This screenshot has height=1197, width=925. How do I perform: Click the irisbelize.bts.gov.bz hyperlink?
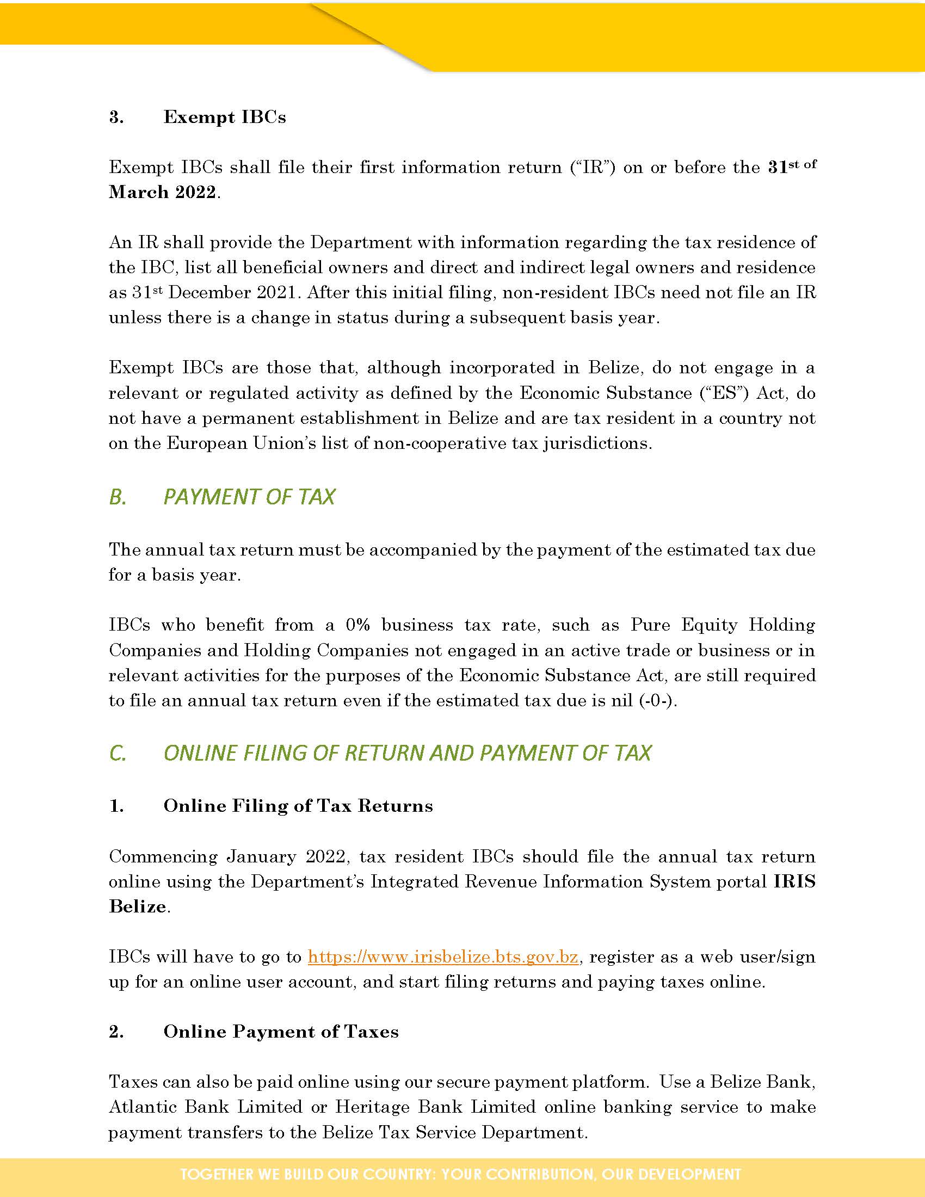[443, 957]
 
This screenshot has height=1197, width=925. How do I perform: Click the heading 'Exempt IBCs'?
[224, 118]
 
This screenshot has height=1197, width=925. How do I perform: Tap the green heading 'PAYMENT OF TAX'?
[249, 497]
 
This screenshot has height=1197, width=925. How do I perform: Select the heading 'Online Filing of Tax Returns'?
[298, 806]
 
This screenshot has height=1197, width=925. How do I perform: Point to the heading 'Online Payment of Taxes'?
[281, 1032]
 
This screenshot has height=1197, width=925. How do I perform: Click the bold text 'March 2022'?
[162, 192]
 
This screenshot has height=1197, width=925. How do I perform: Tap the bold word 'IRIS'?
[794, 881]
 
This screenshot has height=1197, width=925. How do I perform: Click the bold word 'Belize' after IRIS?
[138, 906]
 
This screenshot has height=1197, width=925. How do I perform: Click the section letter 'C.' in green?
[118, 753]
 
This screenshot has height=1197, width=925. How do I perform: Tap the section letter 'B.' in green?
[118, 497]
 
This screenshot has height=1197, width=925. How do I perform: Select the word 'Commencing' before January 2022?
[163, 856]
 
